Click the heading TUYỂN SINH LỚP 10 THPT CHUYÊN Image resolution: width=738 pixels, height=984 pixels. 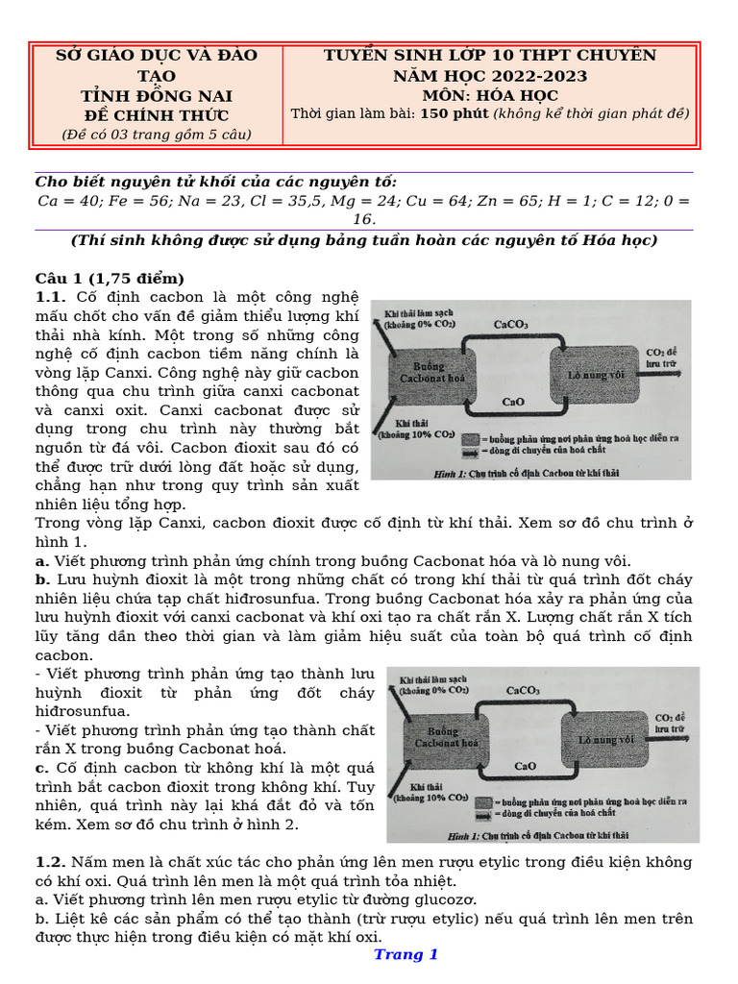pyautogui.click(x=490, y=55)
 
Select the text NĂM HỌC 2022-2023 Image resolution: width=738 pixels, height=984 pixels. pyautogui.click(x=490, y=76)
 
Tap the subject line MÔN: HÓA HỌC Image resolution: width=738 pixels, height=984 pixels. pyautogui.click(x=490, y=95)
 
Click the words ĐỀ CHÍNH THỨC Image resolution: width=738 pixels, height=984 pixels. pyautogui.click(x=156, y=115)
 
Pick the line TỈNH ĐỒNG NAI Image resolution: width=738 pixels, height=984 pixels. pyautogui.click(x=156, y=96)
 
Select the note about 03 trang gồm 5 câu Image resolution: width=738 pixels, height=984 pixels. pyautogui.click(x=156, y=135)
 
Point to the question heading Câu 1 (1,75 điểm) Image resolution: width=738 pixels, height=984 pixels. pyautogui.click(x=109, y=279)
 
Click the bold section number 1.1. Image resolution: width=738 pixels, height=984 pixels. pyautogui.click(x=50, y=297)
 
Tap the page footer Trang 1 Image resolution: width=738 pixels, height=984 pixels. pyautogui.click(x=406, y=954)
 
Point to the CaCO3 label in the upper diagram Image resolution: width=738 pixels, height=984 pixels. pyautogui.click(x=510, y=325)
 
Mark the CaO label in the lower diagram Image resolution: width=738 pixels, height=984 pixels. pyautogui.click(x=526, y=767)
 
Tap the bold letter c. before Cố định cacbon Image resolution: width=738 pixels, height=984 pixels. pyautogui.click(x=42, y=768)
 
